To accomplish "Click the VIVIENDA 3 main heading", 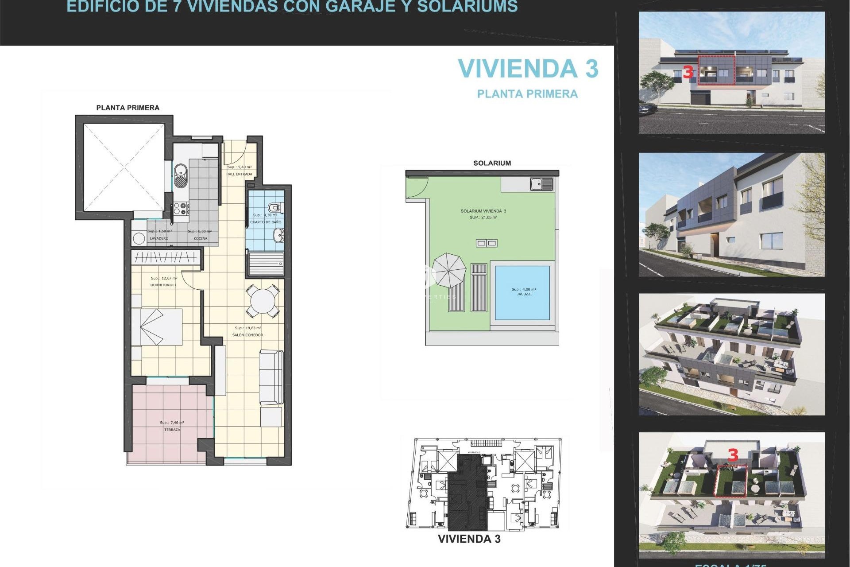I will pyautogui.click(x=528, y=69).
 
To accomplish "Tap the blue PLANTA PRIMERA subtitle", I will pyautogui.click(x=527, y=94).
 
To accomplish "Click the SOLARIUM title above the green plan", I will pyautogui.click(x=492, y=163).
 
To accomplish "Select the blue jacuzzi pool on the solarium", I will pyautogui.click(x=522, y=292).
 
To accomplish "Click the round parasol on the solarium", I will pyautogui.click(x=449, y=270).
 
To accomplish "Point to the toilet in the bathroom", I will pyautogui.click(x=275, y=207).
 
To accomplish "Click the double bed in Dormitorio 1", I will pyautogui.click(x=157, y=327).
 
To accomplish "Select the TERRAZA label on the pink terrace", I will pyautogui.click(x=172, y=430).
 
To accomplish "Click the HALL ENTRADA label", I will pyautogui.click(x=239, y=174).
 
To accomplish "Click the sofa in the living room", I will pyautogui.click(x=271, y=377).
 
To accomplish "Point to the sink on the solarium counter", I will pyautogui.click(x=541, y=184).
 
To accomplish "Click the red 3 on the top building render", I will pyautogui.click(x=688, y=72).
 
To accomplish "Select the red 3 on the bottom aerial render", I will pyautogui.click(x=733, y=455).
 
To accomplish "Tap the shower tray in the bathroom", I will pyautogui.click(x=266, y=264).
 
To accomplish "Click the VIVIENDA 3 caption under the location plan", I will pyautogui.click(x=469, y=539).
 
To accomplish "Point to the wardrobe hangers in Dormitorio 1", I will pyautogui.click(x=166, y=257).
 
